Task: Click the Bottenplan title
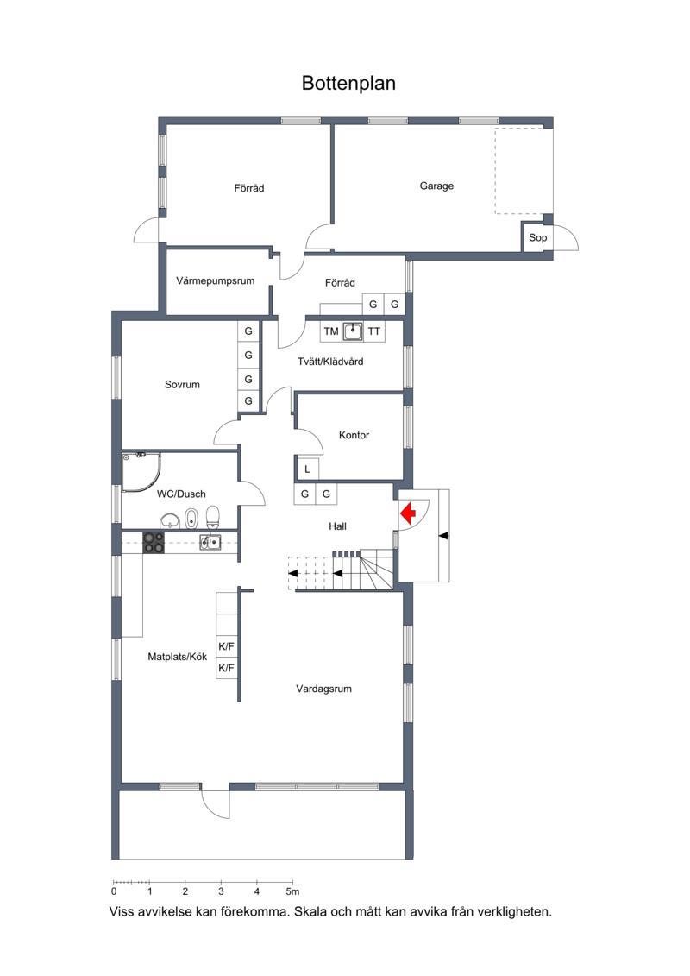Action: [348, 84]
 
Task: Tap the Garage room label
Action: [436, 186]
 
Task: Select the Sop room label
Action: [537, 237]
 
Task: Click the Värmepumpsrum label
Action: [216, 280]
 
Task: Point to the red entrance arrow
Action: [408, 513]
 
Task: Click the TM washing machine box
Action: [331, 331]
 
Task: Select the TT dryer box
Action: [373, 331]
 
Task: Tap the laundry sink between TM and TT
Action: [353, 331]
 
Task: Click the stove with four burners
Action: [154, 543]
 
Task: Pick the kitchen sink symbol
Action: [210, 542]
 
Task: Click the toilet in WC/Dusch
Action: [213, 517]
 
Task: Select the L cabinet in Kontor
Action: [307, 469]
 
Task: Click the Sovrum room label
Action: [182, 385]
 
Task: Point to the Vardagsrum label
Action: [323, 689]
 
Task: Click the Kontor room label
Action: [354, 435]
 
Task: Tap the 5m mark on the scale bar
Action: [292, 892]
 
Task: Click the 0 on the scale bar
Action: [114, 892]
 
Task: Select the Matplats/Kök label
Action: [178, 657]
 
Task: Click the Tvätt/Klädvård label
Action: [330, 362]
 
